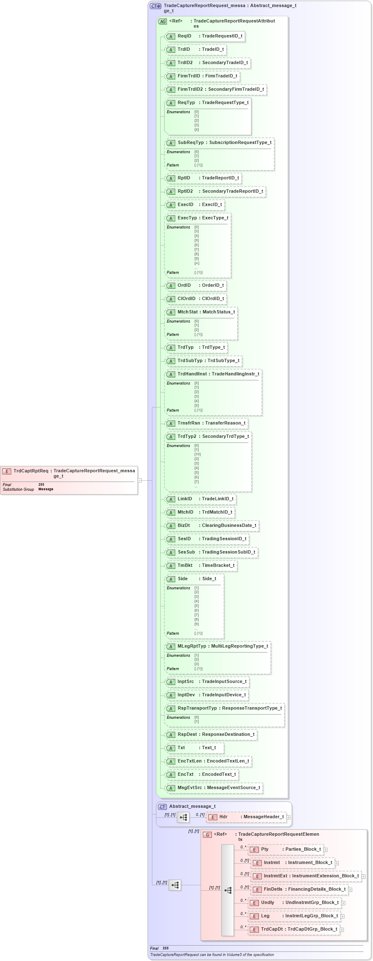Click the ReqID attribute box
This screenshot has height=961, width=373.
[x=205, y=36]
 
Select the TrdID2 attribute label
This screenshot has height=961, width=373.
[x=185, y=63]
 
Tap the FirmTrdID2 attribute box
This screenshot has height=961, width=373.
[x=216, y=89]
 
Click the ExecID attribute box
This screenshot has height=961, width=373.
[x=195, y=205]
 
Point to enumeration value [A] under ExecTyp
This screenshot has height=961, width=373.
[x=197, y=263]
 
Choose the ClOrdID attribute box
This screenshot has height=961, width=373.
[x=196, y=298]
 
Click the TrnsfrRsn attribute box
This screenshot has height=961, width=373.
[x=206, y=423]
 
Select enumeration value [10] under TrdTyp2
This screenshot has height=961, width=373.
[x=197, y=454]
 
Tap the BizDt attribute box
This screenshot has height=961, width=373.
[x=212, y=526]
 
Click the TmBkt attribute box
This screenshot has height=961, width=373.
[x=201, y=566]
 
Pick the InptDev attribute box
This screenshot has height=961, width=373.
[x=207, y=695]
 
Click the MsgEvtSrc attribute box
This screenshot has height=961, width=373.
[x=214, y=788]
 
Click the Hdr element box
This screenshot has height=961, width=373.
[x=246, y=817]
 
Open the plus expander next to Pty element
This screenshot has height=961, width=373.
[x=326, y=850]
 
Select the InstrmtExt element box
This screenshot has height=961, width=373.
[x=306, y=876]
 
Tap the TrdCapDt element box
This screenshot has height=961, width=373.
[x=294, y=929]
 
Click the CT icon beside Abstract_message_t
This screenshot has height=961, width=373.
[x=162, y=807]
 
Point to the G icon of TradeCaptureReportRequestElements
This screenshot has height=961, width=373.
[x=207, y=835]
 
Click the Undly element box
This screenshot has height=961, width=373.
[x=294, y=903]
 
